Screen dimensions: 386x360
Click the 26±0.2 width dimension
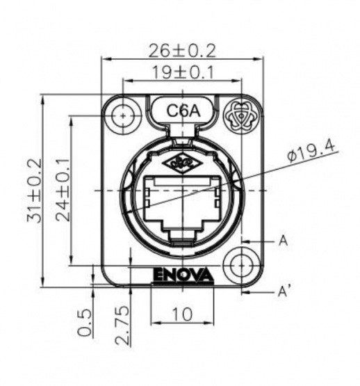182,50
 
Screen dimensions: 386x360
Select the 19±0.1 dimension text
182,71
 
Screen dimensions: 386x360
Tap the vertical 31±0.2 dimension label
34,191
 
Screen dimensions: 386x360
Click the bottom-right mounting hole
240,265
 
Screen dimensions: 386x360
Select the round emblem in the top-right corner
240,113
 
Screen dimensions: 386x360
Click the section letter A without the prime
283,241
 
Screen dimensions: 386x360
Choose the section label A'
284,291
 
